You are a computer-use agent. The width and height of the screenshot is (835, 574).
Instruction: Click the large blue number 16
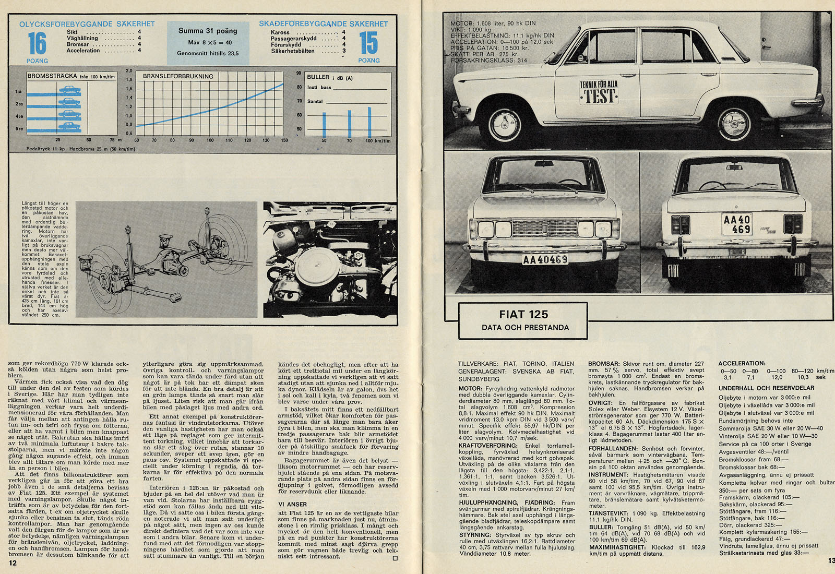click(x=37, y=43)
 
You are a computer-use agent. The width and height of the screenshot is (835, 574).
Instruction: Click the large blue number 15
click(x=368, y=43)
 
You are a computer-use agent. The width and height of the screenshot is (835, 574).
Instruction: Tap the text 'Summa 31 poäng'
click(x=208, y=31)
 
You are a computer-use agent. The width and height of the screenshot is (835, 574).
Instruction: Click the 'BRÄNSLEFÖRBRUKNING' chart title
click(x=178, y=76)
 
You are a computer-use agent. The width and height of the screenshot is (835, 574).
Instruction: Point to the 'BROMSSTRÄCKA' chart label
click(x=52, y=76)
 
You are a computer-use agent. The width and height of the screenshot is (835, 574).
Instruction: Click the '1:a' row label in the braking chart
click(x=19, y=92)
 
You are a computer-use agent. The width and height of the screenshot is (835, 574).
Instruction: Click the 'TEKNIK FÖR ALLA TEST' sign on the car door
click(x=599, y=92)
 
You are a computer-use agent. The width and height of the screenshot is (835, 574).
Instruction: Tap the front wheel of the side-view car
click(x=505, y=123)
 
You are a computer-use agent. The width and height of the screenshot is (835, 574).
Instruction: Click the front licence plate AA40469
click(x=545, y=259)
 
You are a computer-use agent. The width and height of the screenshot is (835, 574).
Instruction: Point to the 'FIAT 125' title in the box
click(x=523, y=314)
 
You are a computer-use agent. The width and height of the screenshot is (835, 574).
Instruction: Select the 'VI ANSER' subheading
click(x=292, y=504)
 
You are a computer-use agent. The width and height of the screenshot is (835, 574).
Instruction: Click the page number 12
click(x=13, y=563)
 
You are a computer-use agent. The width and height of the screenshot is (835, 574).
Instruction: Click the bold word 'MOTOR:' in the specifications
click(x=470, y=388)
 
